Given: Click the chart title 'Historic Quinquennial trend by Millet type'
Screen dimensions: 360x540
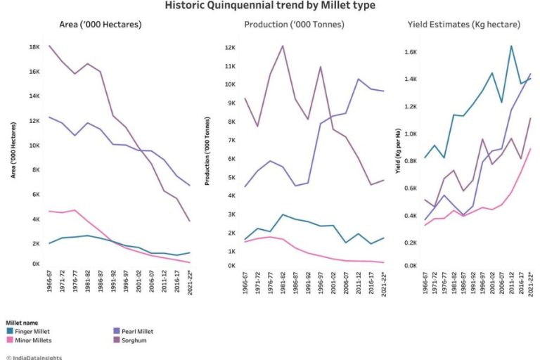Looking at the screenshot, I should [269, 6].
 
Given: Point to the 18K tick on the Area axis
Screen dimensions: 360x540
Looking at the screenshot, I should [33, 47].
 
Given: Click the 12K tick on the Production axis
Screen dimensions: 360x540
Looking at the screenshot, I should [229, 48].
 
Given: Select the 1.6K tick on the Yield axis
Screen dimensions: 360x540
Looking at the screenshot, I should [410, 53].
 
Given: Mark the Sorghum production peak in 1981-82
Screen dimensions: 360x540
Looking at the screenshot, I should [283, 46].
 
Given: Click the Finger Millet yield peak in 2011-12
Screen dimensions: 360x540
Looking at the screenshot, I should [511, 46].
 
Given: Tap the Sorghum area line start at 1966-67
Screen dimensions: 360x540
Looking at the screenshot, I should [49, 46].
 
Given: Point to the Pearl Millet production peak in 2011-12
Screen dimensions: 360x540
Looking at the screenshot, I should [359, 79].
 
